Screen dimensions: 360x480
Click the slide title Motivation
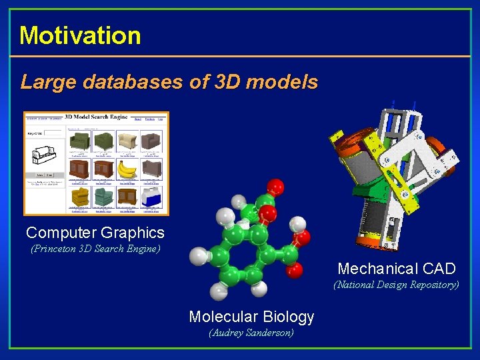(80, 35)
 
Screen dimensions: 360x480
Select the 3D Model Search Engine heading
(95, 117)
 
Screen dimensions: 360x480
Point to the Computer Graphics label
(95, 233)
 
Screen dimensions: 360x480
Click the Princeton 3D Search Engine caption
(95, 249)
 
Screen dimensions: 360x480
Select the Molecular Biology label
(251, 316)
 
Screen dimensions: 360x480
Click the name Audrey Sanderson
(251, 332)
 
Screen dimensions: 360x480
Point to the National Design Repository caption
(396, 285)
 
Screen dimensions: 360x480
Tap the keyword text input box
(52, 133)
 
